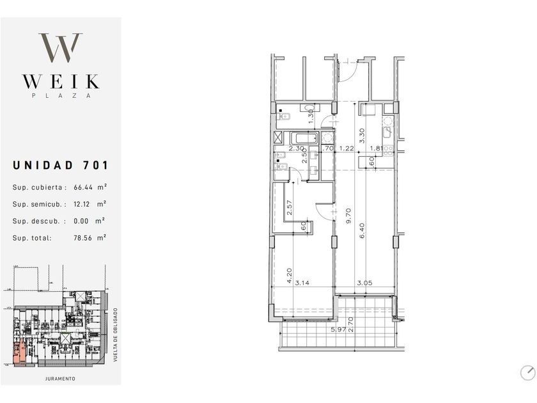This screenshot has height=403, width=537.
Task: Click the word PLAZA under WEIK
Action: pyautogui.click(x=60, y=96)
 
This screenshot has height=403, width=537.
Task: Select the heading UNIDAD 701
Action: pyautogui.click(x=61, y=165)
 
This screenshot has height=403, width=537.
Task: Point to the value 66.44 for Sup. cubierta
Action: pyautogui.click(x=84, y=188)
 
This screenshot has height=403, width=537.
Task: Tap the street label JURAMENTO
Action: pyautogui.click(x=60, y=379)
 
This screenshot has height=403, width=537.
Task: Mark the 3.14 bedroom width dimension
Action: pyautogui.click(x=302, y=282)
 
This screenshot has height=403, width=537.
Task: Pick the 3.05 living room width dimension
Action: pyautogui.click(x=364, y=282)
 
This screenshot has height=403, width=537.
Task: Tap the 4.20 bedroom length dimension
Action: pyautogui.click(x=289, y=275)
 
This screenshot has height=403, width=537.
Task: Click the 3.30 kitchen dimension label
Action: pyautogui.click(x=362, y=135)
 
